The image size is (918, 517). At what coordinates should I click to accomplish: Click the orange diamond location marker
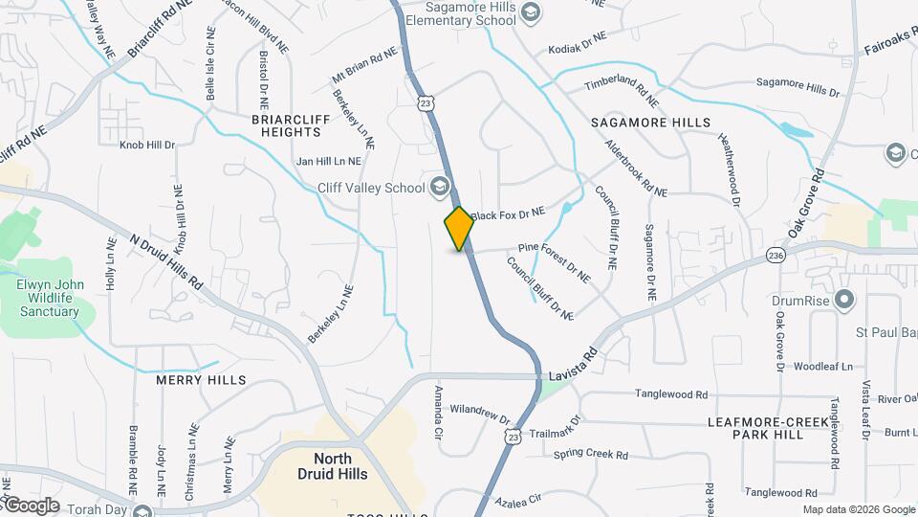coord(459,229)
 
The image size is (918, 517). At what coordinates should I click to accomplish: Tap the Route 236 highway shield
coord(776,256)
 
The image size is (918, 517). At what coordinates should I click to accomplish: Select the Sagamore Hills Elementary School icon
coord(532,12)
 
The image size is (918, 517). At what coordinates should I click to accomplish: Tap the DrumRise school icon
coord(842,301)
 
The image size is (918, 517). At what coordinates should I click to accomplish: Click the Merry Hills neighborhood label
coord(201,380)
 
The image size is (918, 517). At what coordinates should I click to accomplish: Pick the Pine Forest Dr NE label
coord(554,260)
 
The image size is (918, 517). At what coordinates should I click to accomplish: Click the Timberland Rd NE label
coord(623,90)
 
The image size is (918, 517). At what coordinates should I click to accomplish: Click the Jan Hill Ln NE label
coord(329,162)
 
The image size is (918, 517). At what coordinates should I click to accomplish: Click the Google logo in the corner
coord(31,505)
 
